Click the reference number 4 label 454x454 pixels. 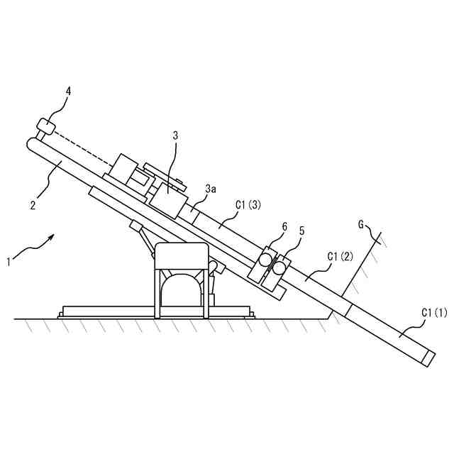click(68, 92)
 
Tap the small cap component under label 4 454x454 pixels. click(45, 127)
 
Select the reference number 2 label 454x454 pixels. click(33, 206)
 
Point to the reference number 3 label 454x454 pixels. click(176, 135)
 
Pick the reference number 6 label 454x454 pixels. click(284, 227)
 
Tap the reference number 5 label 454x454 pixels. click(301, 231)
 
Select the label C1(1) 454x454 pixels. click(435, 311)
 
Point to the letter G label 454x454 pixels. click(361, 225)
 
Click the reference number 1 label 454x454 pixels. click(9, 262)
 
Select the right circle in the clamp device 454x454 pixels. click(280, 267)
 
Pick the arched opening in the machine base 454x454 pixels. click(182, 291)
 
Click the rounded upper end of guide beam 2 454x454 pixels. click(33, 143)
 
